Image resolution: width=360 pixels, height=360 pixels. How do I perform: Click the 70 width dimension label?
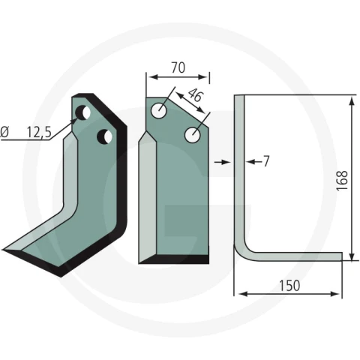[178, 67]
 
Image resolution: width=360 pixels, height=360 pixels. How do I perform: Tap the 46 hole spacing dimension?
[196, 95]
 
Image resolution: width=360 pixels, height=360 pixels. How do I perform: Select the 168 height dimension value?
[342, 181]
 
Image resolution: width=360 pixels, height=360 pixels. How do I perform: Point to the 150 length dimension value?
[289, 286]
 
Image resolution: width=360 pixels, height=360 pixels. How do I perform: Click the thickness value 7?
[266, 161]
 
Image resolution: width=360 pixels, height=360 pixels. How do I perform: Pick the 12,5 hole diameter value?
[39, 132]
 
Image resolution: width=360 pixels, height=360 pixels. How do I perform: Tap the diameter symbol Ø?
[4, 132]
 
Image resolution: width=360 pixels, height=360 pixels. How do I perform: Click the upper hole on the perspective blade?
[82, 112]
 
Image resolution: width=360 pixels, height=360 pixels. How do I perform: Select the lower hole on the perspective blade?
[104, 136]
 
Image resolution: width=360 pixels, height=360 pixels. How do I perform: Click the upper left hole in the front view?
[159, 110]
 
